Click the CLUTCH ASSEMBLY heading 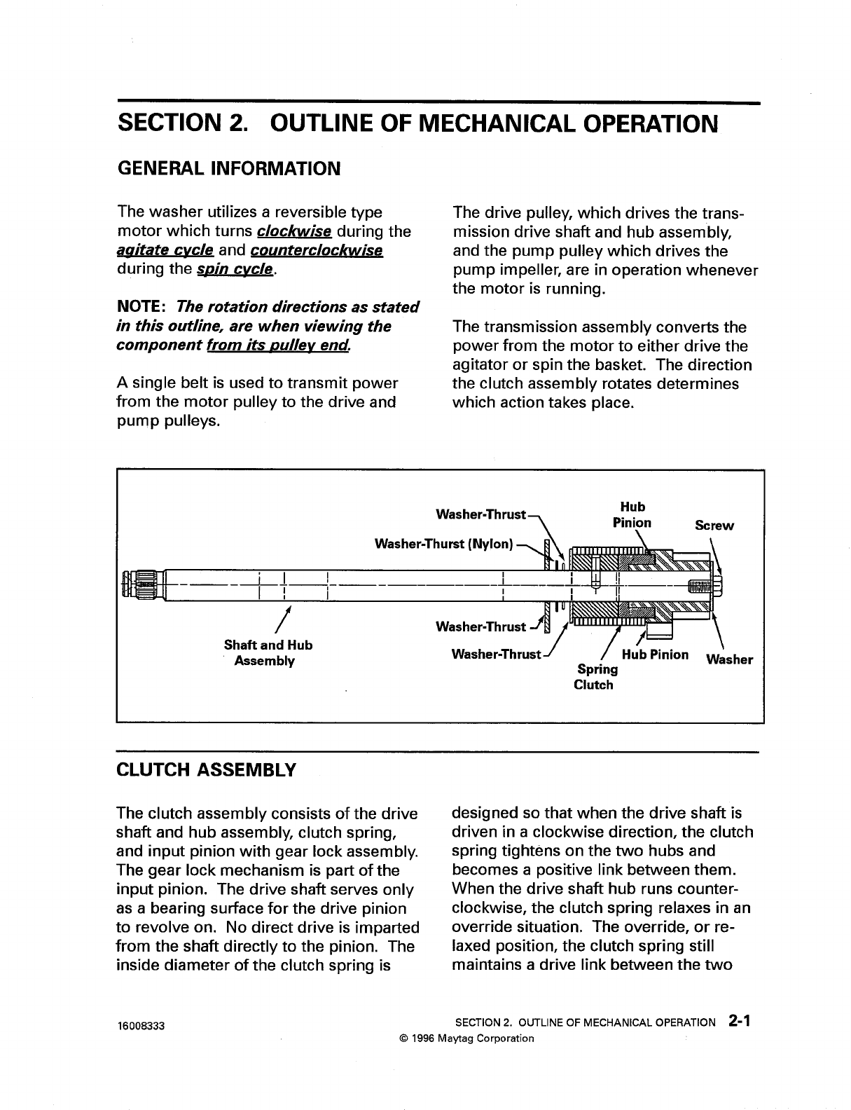pos(206,770)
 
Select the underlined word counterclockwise pos(316,250)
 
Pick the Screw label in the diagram pos(714,526)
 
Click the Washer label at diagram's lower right pos(729,659)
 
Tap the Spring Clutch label pos(593,677)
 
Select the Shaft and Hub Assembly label pos(268,652)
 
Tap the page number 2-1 pos(739,1021)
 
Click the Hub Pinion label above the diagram pos(632,514)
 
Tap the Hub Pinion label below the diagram pos(655,655)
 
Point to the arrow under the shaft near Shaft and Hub pos(284,617)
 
